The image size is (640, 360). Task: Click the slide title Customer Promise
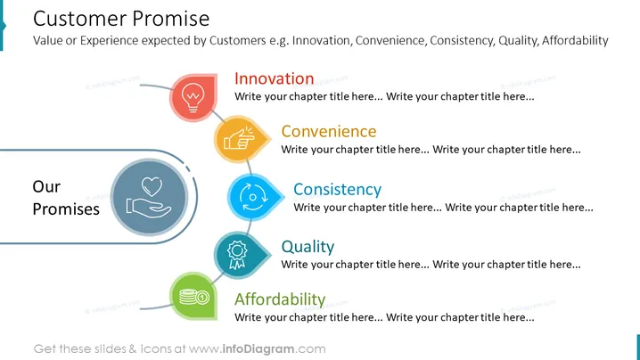click(x=121, y=19)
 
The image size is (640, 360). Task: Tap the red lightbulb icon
click(x=193, y=97)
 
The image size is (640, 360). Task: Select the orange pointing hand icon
click(x=239, y=139)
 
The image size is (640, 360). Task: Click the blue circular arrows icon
click(x=252, y=197)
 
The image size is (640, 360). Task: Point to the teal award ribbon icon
click(x=238, y=254)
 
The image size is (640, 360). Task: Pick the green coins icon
click(x=194, y=296)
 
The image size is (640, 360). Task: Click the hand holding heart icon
click(x=150, y=197)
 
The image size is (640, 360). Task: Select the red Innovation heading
click(x=275, y=78)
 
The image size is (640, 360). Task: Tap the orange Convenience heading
click(x=329, y=131)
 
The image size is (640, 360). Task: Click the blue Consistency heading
click(x=337, y=190)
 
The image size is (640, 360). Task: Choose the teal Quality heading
click(x=308, y=247)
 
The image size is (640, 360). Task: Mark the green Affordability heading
click(x=280, y=299)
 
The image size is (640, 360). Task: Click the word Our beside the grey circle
click(x=46, y=186)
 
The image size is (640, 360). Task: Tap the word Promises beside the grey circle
click(x=66, y=209)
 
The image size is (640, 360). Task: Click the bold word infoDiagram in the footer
click(x=258, y=349)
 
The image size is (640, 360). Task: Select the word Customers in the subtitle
click(x=238, y=40)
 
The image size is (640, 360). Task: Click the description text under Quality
click(x=431, y=265)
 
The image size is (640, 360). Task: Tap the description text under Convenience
click(x=431, y=150)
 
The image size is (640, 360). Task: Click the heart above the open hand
click(x=152, y=187)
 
